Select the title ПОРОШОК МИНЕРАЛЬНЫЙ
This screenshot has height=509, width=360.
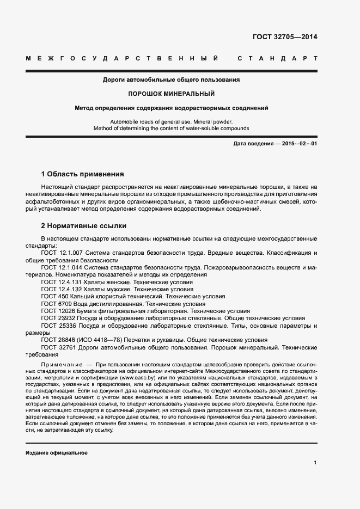pos(172,94)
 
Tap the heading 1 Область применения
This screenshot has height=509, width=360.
pos(83,174)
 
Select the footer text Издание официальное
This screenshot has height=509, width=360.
pos(57,453)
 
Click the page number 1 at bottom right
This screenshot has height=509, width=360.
pos(315,463)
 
